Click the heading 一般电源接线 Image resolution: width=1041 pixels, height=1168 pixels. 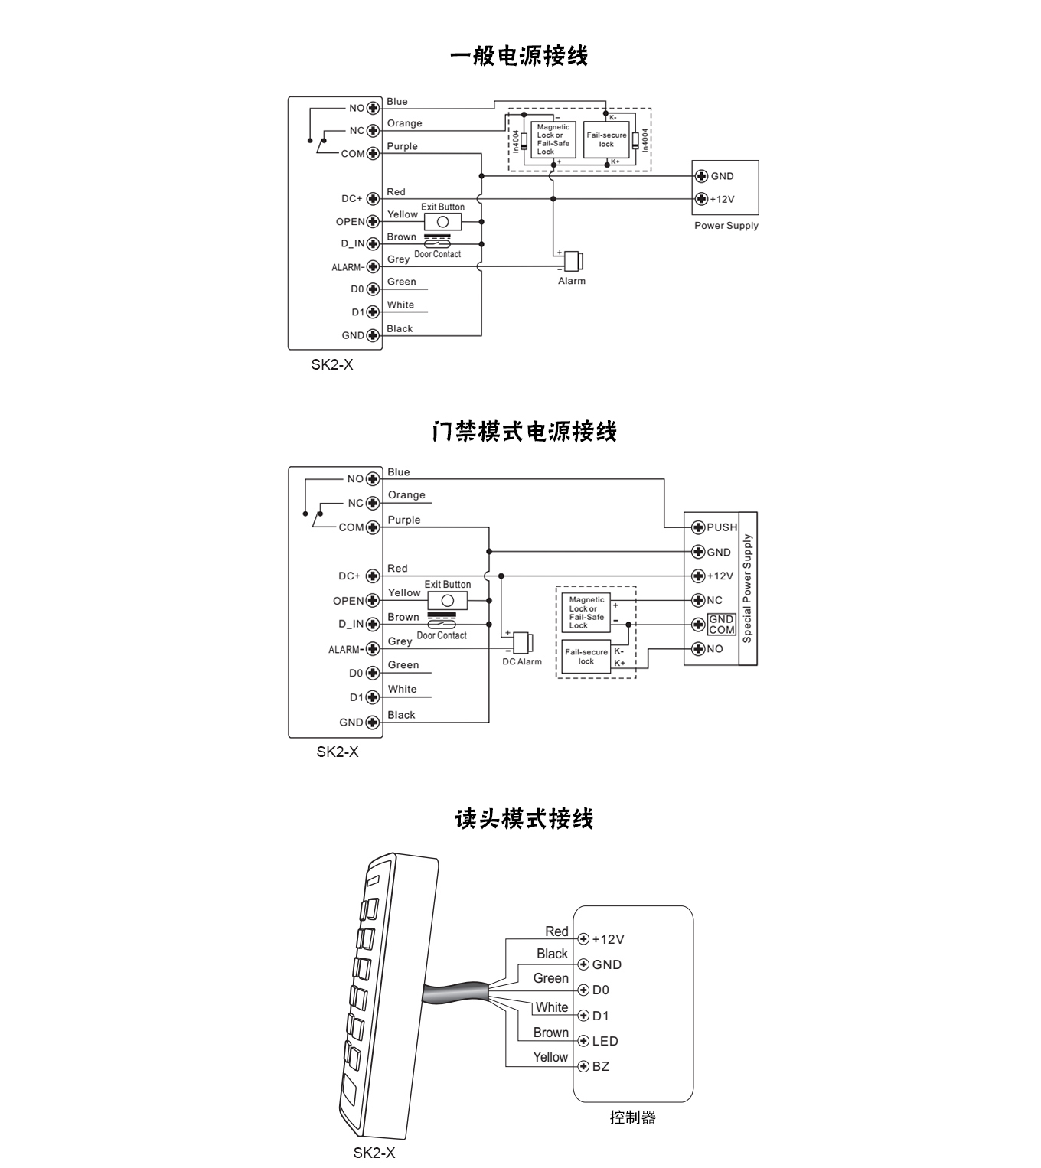click(519, 56)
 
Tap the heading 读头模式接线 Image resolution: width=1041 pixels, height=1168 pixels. click(524, 819)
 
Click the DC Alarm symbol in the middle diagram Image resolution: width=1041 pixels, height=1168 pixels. click(523, 642)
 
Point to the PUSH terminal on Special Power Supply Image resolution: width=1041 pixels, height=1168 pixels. click(698, 527)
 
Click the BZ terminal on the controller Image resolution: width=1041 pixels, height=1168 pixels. click(583, 1066)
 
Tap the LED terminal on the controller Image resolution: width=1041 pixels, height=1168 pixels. click(583, 1041)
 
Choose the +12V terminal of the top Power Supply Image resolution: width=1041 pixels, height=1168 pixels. click(701, 199)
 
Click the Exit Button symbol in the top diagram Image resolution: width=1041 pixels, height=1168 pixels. click(442, 222)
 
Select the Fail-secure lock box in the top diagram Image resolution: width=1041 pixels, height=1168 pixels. click(606, 140)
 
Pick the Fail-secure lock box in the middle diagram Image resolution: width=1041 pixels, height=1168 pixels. click(586, 657)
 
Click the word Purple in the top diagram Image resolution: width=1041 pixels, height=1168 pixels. click(402, 146)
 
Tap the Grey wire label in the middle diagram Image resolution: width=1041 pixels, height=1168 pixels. click(400, 641)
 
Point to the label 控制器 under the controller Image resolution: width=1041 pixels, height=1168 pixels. click(633, 1117)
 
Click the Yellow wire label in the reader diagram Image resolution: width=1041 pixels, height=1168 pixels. click(550, 1057)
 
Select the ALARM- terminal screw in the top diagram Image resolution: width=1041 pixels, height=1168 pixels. click(373, 267)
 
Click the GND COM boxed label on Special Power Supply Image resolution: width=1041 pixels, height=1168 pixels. click(721, 625)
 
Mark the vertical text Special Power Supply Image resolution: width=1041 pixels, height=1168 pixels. click(748, 588)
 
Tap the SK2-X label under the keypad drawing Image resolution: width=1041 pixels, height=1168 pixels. click(374, 1153)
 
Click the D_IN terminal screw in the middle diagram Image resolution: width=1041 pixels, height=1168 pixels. click(373, 625)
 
